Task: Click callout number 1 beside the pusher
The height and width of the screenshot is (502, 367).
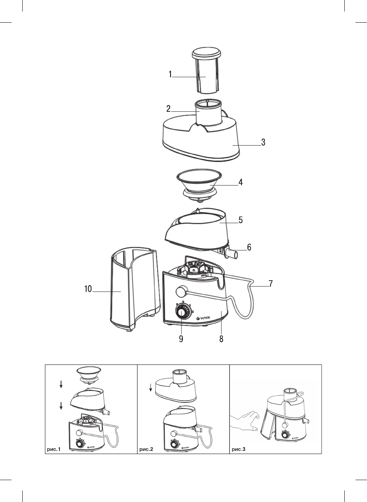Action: point(170,74)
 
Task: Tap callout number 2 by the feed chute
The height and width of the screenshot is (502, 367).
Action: point(169,109)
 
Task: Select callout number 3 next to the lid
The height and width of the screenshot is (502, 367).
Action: point(263,142)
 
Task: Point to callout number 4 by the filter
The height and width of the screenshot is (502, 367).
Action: point(241,182)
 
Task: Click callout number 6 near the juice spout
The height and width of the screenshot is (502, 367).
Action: point(249,247)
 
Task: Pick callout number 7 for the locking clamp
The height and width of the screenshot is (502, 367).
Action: point(271,284)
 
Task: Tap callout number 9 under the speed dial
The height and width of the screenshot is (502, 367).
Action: point(181,339)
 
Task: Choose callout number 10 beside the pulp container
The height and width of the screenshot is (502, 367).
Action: point(88,289)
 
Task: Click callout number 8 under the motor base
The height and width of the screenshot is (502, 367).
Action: point(222,339)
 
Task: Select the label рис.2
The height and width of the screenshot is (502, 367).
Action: point(146,449)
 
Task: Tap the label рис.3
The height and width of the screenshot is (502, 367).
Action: point(238,449)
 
